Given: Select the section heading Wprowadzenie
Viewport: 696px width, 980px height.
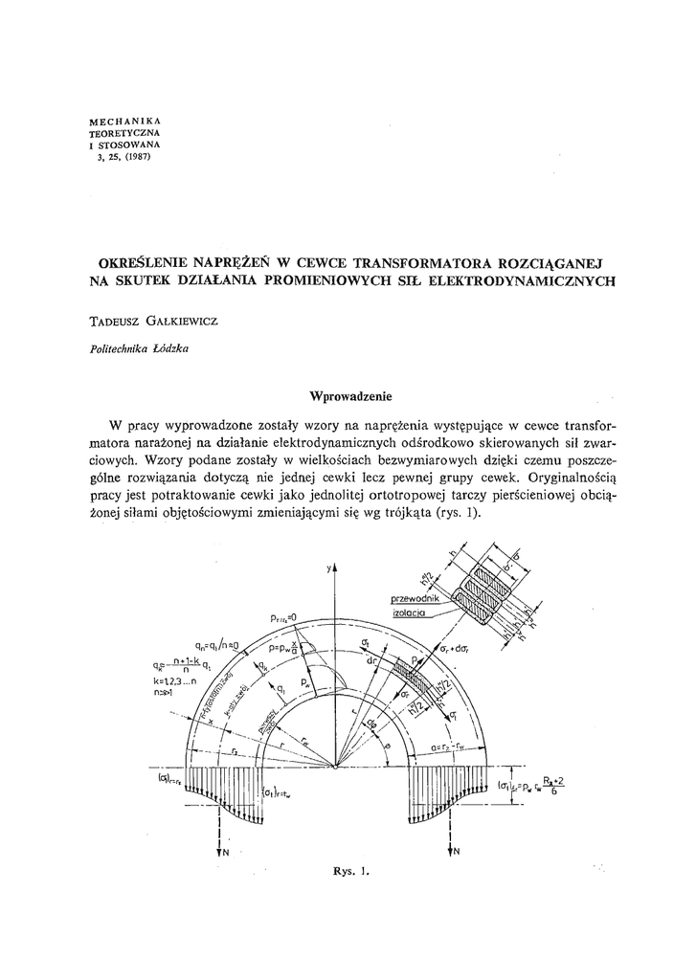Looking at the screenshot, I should pos(348,394).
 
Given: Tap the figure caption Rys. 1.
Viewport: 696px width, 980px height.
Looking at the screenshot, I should pos(348,872).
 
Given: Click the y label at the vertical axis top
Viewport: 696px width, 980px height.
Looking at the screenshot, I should pos(327,568).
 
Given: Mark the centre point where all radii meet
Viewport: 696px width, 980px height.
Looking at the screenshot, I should pos(335,768).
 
